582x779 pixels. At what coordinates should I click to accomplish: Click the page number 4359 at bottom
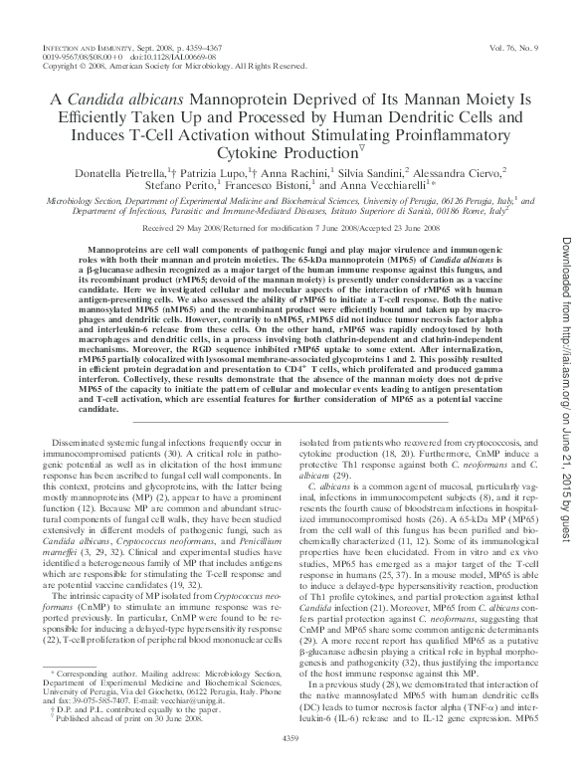(x=291, y=764)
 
